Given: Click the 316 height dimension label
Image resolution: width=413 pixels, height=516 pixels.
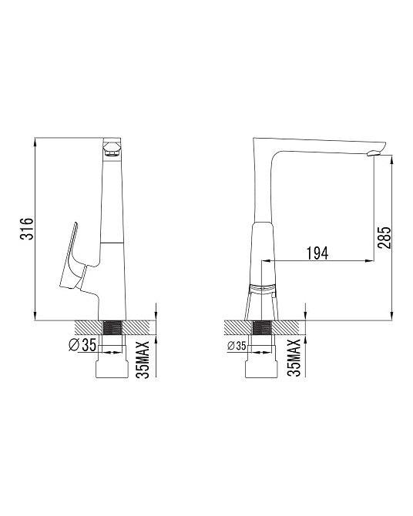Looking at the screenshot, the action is tap(27, 229).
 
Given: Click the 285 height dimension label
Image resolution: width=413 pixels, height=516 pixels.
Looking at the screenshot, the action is tap(384, 237).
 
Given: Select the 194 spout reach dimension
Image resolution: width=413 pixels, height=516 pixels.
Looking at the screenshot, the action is tap(317, 253).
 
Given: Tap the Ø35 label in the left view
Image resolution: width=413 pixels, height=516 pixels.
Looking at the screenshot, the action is tap(82, 344).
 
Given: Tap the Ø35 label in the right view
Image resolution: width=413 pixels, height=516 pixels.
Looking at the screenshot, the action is tap(237, 346).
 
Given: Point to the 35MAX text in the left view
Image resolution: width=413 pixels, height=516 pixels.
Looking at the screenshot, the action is tap(143, 360).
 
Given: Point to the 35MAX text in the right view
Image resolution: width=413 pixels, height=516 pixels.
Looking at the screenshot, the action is tap(294, 357).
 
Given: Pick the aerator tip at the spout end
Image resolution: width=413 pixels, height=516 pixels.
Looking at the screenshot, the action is tap(374, 152).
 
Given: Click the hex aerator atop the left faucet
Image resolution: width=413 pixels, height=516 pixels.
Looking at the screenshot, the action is tap(112, 149).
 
